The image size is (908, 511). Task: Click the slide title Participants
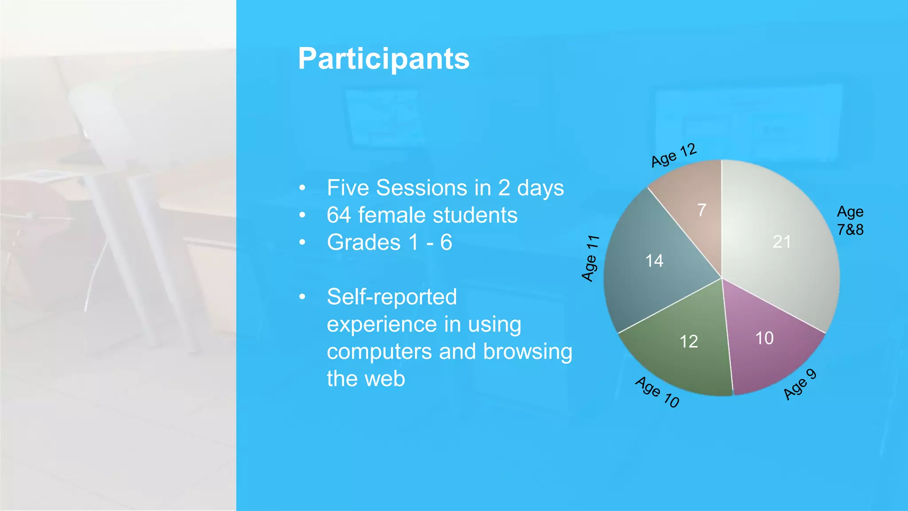tap(384, 59)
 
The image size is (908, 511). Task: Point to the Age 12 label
tap(673, 155)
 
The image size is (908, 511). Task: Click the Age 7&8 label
tap(850, 220)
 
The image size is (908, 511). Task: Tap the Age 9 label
tap(799, 384)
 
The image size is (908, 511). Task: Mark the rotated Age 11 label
tap(590, 258)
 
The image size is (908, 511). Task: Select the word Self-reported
tap(391, 297)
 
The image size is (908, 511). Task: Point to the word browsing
tap(527, 352)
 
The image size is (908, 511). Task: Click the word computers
tap(379, 352)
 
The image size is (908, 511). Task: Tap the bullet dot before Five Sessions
tap(302, 188)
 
